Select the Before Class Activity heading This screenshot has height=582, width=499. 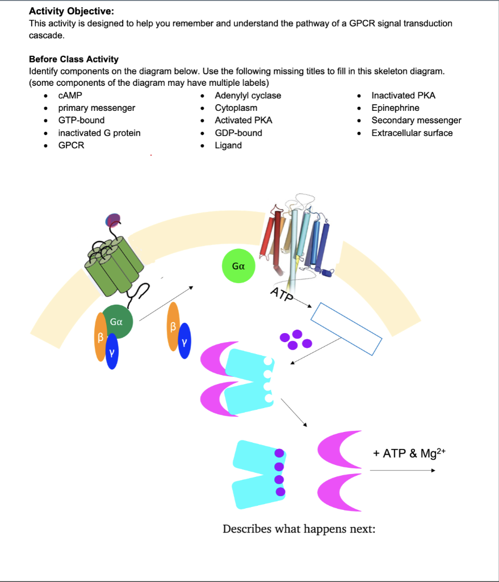(74, 59)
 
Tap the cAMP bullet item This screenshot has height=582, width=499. (70, 95)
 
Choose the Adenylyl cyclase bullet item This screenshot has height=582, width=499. (248, 95)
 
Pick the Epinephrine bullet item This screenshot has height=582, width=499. (395, 108)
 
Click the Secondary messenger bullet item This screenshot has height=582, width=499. (416, 120)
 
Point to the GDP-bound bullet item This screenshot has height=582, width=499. (238, 133)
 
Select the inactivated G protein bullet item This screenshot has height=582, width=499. (99, 133)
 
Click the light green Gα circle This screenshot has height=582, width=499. (238, 265)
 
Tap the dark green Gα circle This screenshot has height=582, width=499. (118, 322)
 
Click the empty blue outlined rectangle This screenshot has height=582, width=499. (347, 329)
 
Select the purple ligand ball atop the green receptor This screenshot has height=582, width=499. (114, 220)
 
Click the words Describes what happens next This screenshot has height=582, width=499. (299, 529)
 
